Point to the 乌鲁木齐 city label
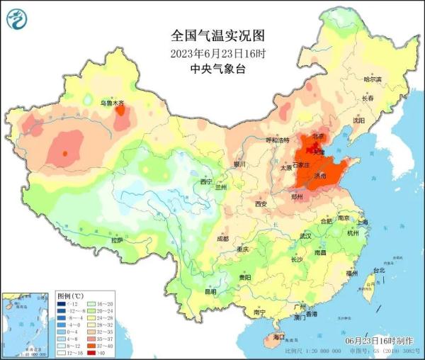pos(110,103)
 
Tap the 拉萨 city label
pos(117,240)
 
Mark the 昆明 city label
pos(210,291)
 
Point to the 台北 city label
pos(378,270)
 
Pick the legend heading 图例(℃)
pos(70,295)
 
